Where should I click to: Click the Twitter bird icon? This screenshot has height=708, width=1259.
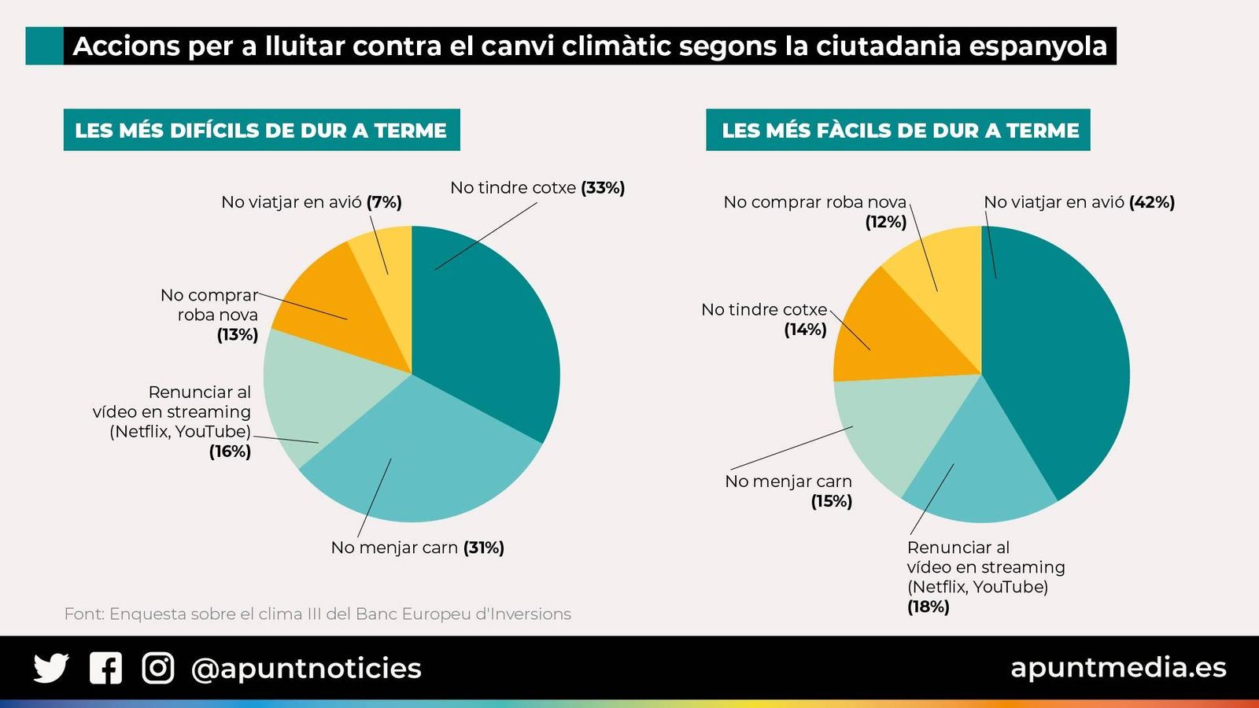pos(51,668)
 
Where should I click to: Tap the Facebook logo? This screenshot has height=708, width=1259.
pos(105,668)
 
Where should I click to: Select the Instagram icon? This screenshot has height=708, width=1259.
pos(158,668)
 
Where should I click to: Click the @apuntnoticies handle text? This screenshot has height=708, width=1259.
pos(306,668)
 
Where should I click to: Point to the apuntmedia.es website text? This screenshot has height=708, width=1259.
pos(1118,667)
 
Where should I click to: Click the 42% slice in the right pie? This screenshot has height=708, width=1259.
pos(1062,354)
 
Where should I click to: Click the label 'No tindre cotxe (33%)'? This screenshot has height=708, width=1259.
pos(537,188)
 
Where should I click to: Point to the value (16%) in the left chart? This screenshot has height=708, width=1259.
pos(230,452)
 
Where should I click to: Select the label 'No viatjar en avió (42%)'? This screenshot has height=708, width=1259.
pos(1079,202)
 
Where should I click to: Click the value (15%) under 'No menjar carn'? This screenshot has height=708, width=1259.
pos(832,501)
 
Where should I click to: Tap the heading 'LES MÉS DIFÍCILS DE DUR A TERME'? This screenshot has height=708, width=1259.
pos(261,130)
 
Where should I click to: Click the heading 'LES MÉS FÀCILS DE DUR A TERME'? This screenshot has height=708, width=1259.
pos(898,130)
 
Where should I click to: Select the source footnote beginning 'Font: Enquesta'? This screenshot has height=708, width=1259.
pos(317,614)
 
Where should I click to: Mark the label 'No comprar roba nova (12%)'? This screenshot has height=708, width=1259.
pos(815,212)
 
